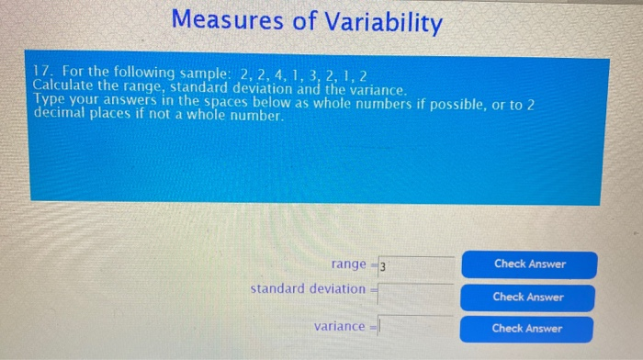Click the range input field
click(415, 266)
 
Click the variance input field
click(415, 326)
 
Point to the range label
click(349, 264)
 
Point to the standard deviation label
click(308, 288)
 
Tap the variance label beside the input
click(339, 326)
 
